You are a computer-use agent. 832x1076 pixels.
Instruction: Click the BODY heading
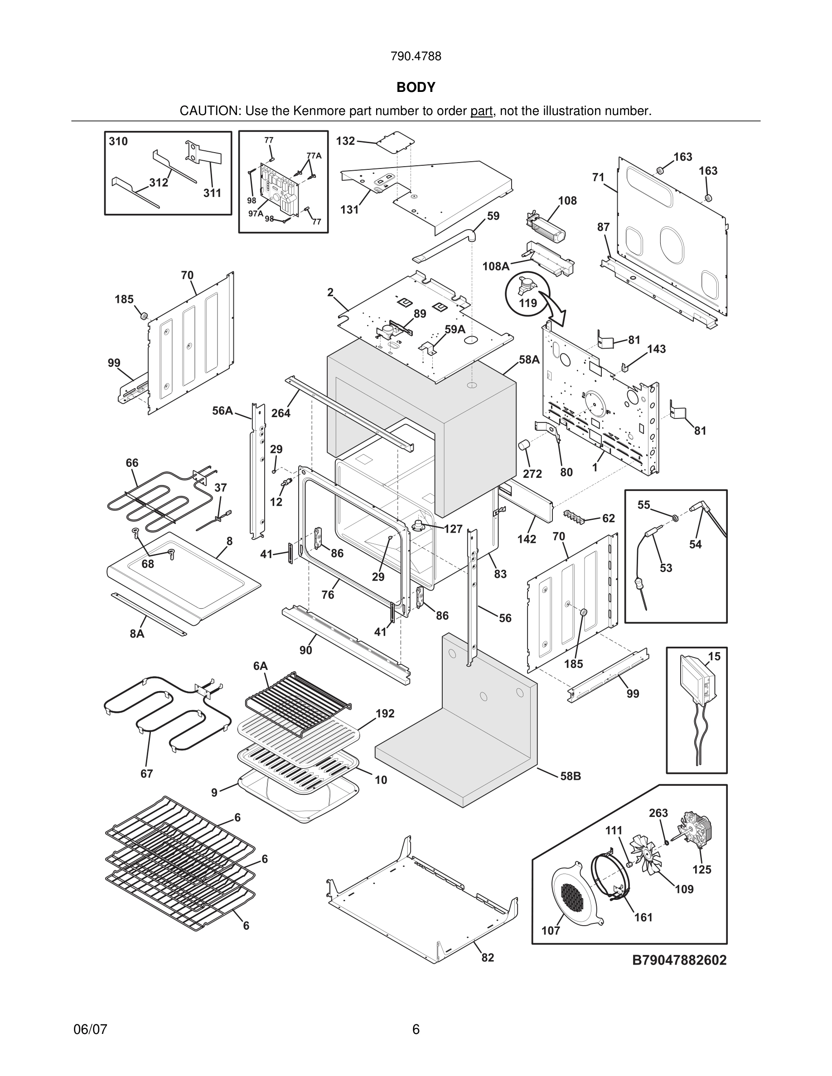pyautogui.click(x=416, y=87)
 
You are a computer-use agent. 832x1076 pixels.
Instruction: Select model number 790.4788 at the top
pyautogui.click(x=416, y=56)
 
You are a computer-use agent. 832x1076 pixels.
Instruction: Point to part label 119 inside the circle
pyautogui.click(x=528, y=303)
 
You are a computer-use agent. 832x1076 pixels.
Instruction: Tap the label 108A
pyautogui.click(x=495, y=267)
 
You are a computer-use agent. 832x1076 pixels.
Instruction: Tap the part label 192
pyautogui.click(x=385, y=713)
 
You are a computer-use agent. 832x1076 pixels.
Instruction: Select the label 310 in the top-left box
pyautogui.click(x=118, y=141)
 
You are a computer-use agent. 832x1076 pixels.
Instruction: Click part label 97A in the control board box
pyautogui.click(x=255, y=213)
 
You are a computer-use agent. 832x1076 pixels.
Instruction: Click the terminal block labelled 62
pyautogui.click(x=578, y=515)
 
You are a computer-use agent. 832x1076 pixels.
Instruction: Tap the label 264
pyautogui.click(x=281, y=413)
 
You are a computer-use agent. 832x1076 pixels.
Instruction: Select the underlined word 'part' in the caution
pyautogui.click(x=482, y=111)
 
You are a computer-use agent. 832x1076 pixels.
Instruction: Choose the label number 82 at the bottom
pyautogui.click(x=488, y=957)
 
